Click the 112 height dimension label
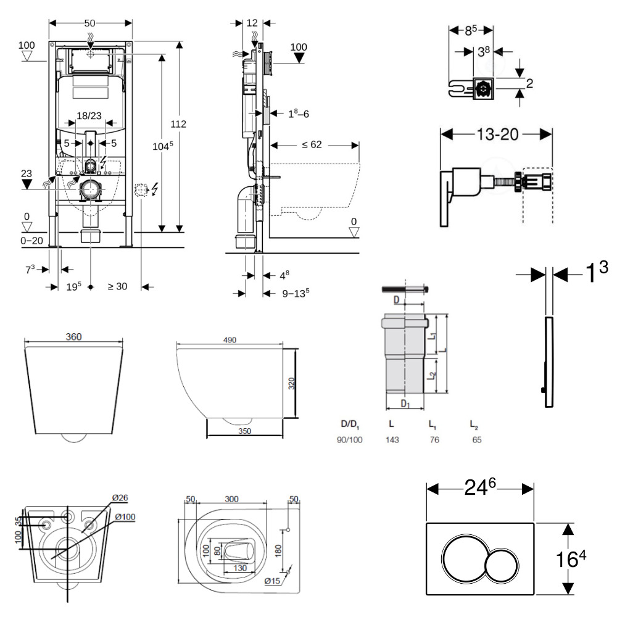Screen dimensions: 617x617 (178, 124)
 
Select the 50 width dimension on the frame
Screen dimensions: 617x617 (90, 23)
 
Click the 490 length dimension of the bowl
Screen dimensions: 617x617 (230, 340)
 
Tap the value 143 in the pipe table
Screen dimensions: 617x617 (391, 440)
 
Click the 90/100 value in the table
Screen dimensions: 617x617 (350, 440)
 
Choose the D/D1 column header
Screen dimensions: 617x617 (349, 424)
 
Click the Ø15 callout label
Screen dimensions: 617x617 (272, 581)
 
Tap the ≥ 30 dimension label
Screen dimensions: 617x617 (118, 286)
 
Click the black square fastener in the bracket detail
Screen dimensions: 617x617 (482, 89)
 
